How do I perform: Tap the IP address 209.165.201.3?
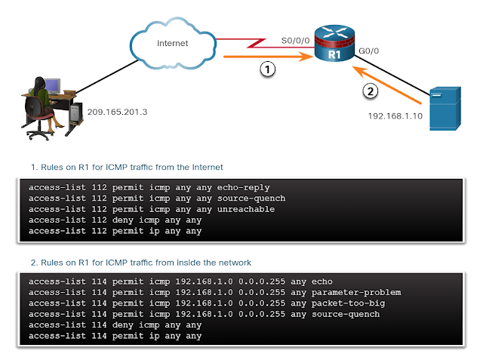118,112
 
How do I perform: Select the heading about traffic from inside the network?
139,262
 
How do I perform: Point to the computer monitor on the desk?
52,85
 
